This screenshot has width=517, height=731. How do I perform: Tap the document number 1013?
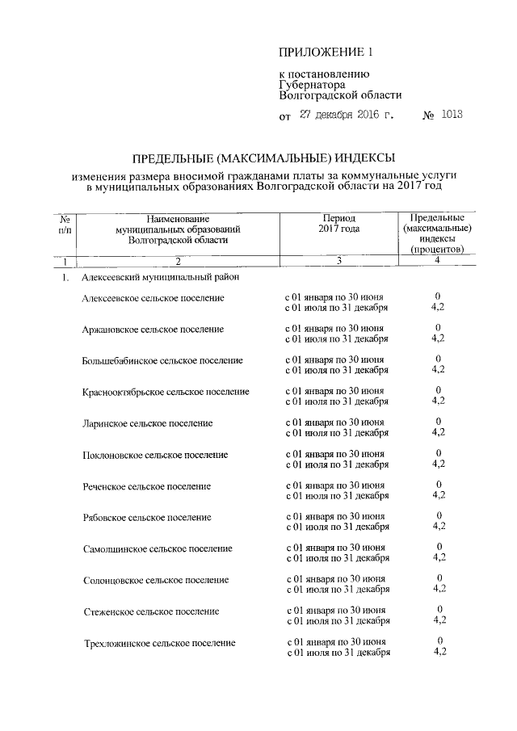tap(452, 115)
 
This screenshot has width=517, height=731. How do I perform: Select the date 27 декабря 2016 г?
tap(347, 115)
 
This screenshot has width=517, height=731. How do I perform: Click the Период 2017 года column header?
tap(339, 224)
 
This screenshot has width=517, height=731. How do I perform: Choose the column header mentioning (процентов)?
tap(436, 234)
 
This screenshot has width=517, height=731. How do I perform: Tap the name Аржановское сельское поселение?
tap(153, 330)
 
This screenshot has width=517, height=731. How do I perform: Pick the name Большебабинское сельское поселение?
tap(162, 360)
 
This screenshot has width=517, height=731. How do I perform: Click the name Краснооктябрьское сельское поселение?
tap(166, 392)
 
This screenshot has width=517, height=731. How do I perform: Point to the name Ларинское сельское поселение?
tap(147, 423)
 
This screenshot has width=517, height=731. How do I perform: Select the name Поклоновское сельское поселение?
tap(154, 455)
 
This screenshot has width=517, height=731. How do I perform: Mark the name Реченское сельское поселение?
tap(146, 486)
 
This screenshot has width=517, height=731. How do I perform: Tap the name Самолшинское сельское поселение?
tap(157, 548)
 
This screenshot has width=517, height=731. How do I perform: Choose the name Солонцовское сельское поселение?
tap(155, 580)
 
